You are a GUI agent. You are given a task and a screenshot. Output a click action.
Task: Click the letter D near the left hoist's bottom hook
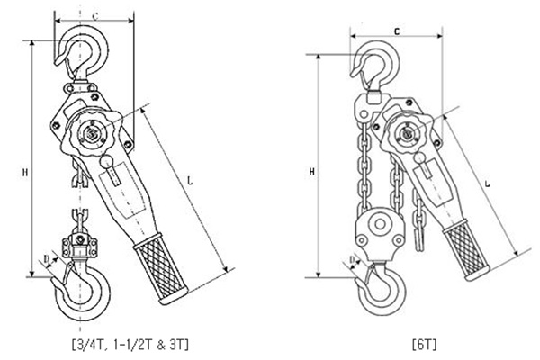click(47, 262)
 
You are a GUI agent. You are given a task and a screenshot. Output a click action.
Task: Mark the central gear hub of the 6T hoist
click(405, 135)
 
